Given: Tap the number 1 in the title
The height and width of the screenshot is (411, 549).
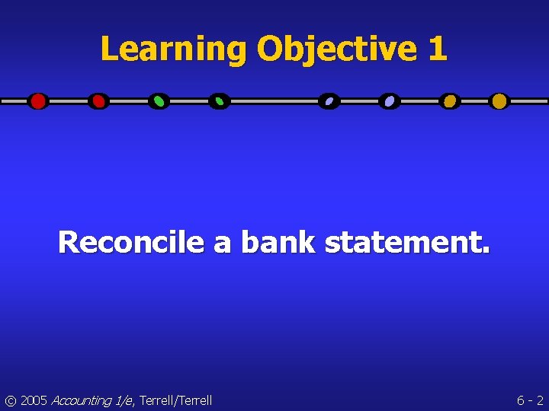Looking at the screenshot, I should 437,49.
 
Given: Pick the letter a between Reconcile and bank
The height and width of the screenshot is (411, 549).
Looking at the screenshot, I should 222,244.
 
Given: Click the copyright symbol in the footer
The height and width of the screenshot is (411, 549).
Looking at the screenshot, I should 11,400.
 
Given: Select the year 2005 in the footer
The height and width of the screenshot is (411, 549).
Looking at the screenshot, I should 34,400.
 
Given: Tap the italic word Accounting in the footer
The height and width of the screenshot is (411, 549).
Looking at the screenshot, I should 80,400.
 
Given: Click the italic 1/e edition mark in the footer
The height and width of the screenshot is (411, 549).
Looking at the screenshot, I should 122,400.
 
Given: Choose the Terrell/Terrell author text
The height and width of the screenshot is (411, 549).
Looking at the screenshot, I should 175,400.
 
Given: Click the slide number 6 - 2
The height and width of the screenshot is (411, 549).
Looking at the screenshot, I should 530,400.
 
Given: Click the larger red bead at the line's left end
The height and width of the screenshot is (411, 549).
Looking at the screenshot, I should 37,101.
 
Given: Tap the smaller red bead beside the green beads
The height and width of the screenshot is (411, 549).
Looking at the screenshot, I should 98,101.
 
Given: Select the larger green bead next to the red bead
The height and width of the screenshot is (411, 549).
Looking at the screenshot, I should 159,101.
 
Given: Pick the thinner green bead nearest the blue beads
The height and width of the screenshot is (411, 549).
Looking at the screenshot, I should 220,101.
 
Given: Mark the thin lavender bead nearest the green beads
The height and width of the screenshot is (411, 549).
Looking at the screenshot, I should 329,101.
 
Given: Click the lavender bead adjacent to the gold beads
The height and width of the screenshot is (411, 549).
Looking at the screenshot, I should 390,101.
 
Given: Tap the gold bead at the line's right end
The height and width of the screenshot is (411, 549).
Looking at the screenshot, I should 499,101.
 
